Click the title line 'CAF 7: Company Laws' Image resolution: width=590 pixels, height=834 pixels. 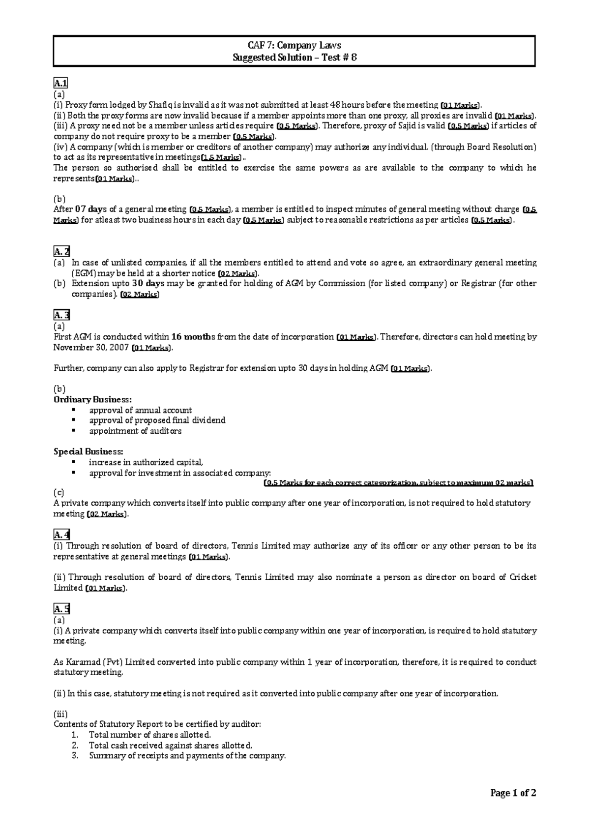[x=294, y=46]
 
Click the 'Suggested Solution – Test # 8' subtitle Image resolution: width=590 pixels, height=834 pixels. [x=294, y=58]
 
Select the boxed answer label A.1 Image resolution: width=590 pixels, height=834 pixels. [x=61, y=83]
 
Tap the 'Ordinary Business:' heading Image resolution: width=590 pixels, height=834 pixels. [x=92, y=399]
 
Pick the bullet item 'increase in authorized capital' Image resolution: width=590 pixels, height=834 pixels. [x=146, y=462]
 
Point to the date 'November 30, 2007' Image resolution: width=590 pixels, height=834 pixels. [x=91, y=348]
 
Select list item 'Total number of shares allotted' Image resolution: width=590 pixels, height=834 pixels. [x=150, y=735]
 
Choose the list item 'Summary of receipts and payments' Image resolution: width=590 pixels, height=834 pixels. [x=187, y=756]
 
